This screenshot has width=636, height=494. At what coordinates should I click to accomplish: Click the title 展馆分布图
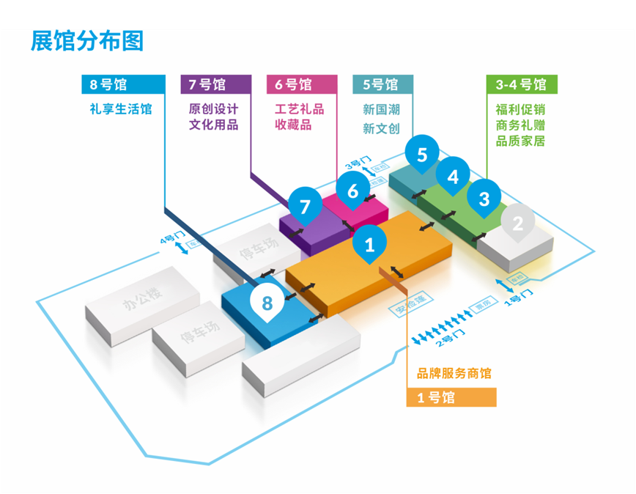coord(86,41)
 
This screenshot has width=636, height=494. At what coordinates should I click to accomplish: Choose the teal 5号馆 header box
coord(382,84)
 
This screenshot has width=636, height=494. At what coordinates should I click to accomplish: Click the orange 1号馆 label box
coord(451,397)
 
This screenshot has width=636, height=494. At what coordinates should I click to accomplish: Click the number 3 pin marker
coord(484,199)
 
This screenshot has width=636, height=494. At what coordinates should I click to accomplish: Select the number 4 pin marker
coord(454,177)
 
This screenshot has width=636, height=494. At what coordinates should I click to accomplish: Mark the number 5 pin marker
coord(422,155)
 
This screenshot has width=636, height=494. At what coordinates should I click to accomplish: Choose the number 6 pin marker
coord(353,191)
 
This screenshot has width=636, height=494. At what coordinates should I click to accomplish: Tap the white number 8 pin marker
coord(267,302)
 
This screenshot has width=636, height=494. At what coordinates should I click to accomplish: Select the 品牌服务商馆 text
coord(454,374)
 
